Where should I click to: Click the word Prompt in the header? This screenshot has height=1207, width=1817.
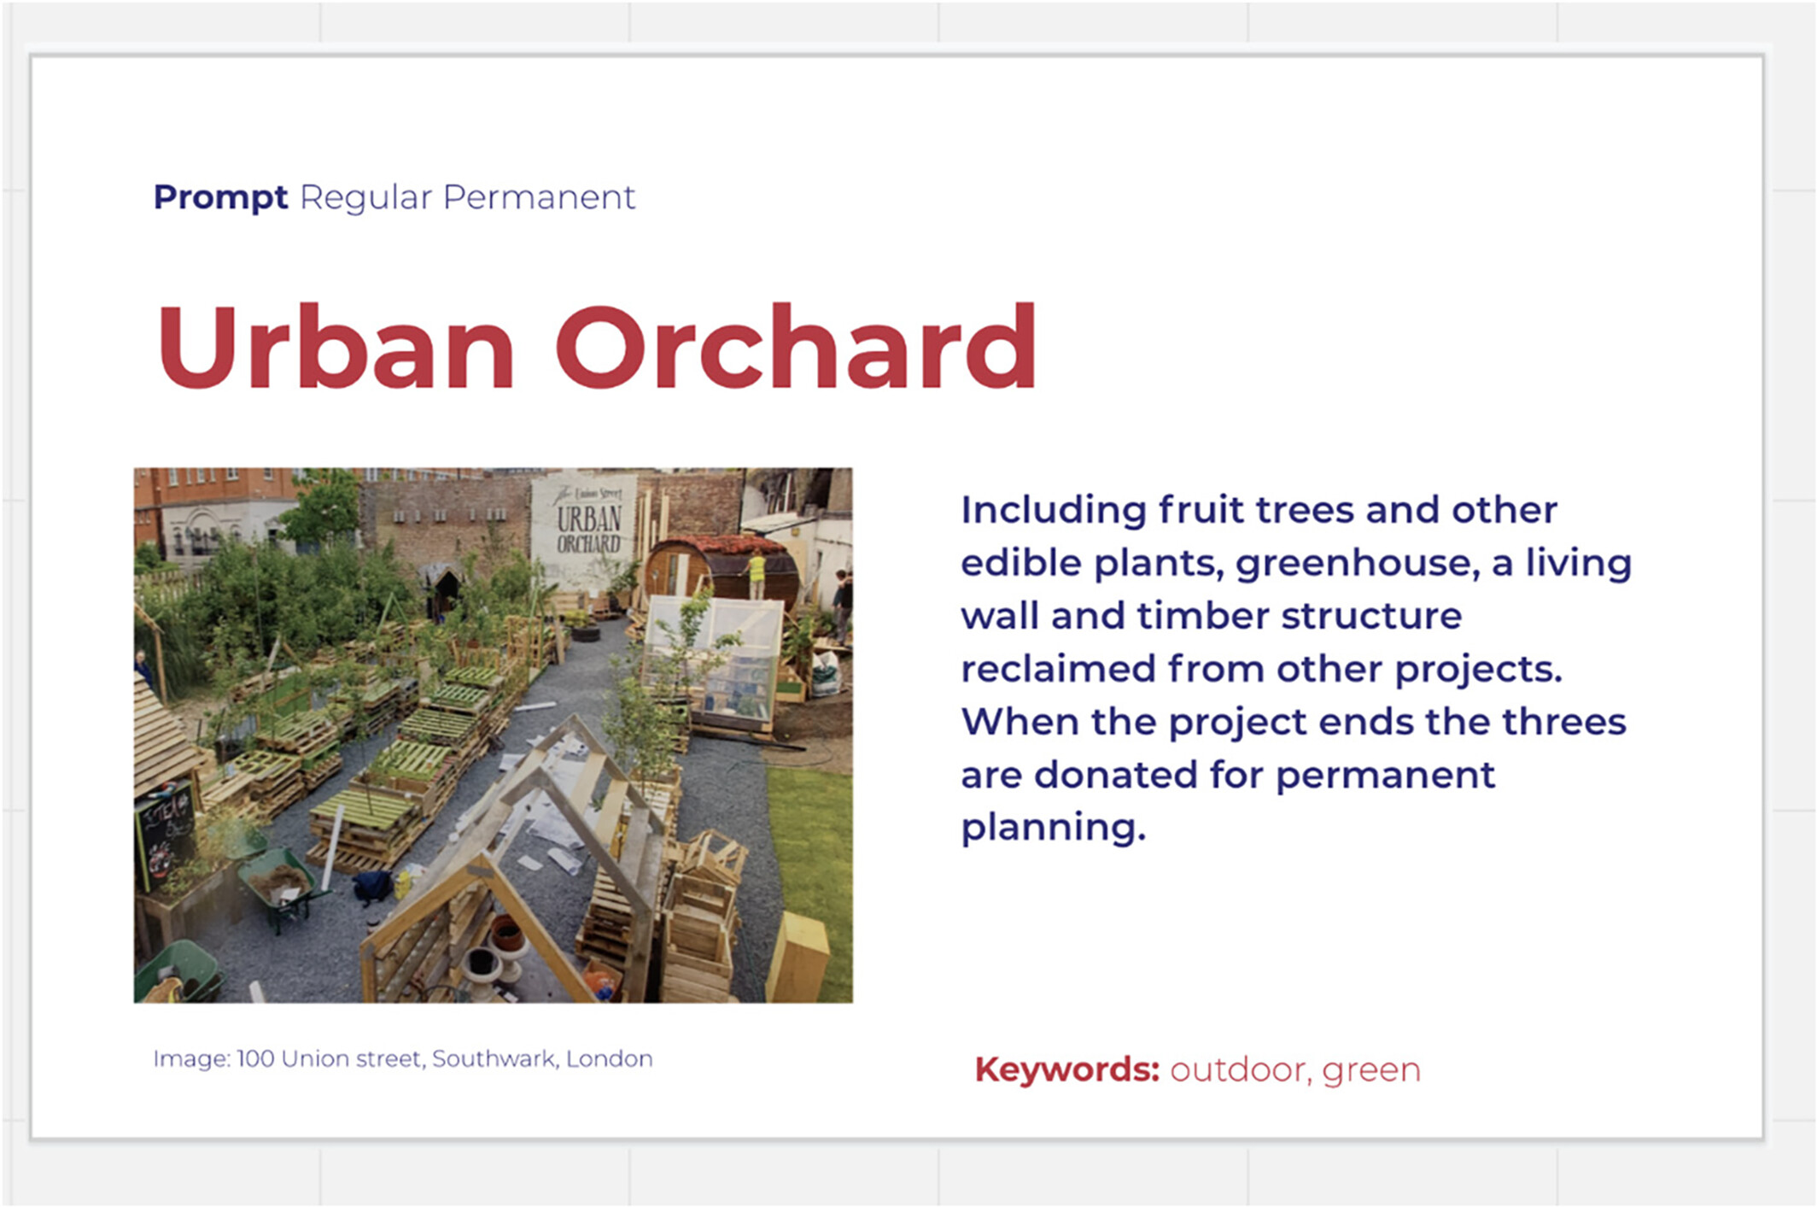point(220,198)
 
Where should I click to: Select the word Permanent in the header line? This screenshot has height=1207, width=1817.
point(539,197)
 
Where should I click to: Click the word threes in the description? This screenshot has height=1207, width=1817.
point(1564,722)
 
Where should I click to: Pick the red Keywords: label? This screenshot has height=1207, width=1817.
point(1067,1069)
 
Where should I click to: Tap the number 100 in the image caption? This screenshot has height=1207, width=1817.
point(255,1059)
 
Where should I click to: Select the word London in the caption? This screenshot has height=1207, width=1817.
point(610,1059)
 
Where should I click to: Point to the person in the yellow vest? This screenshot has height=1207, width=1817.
point(756,574)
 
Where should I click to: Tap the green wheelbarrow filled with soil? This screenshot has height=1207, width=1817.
point(280,885)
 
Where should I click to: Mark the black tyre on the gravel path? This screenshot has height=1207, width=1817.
point(587,633)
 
